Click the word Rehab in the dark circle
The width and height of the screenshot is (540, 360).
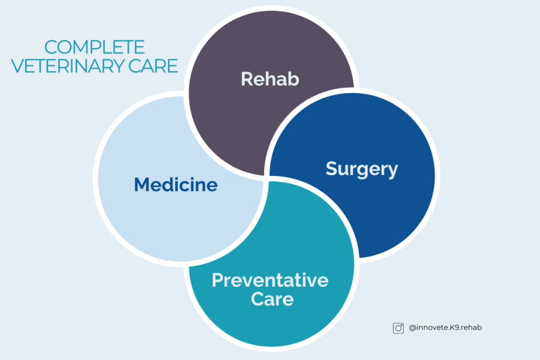coord(270,79)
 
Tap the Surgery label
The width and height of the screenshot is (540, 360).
coord(362,169)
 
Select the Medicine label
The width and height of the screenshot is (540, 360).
coord(176,184)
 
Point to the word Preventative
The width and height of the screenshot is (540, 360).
coord(270,280)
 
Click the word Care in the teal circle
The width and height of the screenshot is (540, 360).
coord(272,299)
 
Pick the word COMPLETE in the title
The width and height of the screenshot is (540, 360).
coord(94,48)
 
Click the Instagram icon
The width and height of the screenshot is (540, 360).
coord(398,328)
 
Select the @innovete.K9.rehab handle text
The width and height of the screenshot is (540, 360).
coord(445,328)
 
